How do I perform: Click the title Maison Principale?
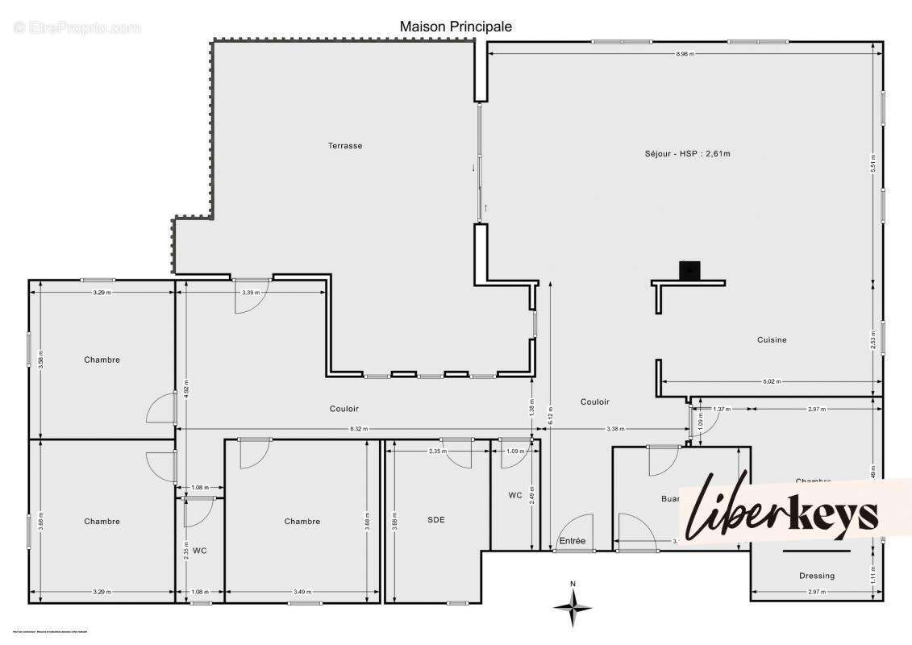tap(456, 27)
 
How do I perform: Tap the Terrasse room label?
tap(344, 146)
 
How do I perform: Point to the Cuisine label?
tap(772, 339)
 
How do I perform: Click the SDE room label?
tap(436, 520)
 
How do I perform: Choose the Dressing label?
tap(817, 576)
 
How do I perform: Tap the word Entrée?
tap(573, 541)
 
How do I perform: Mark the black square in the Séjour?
tap(689, 270)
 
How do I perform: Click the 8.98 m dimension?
tap(685, 53)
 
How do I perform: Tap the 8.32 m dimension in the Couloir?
tap(359, 429)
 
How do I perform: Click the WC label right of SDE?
tap(514, 495)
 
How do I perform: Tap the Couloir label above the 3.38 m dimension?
tap(595, 402)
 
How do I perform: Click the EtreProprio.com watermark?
tap(77, 27)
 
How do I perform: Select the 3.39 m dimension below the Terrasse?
tap(252, 292)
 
